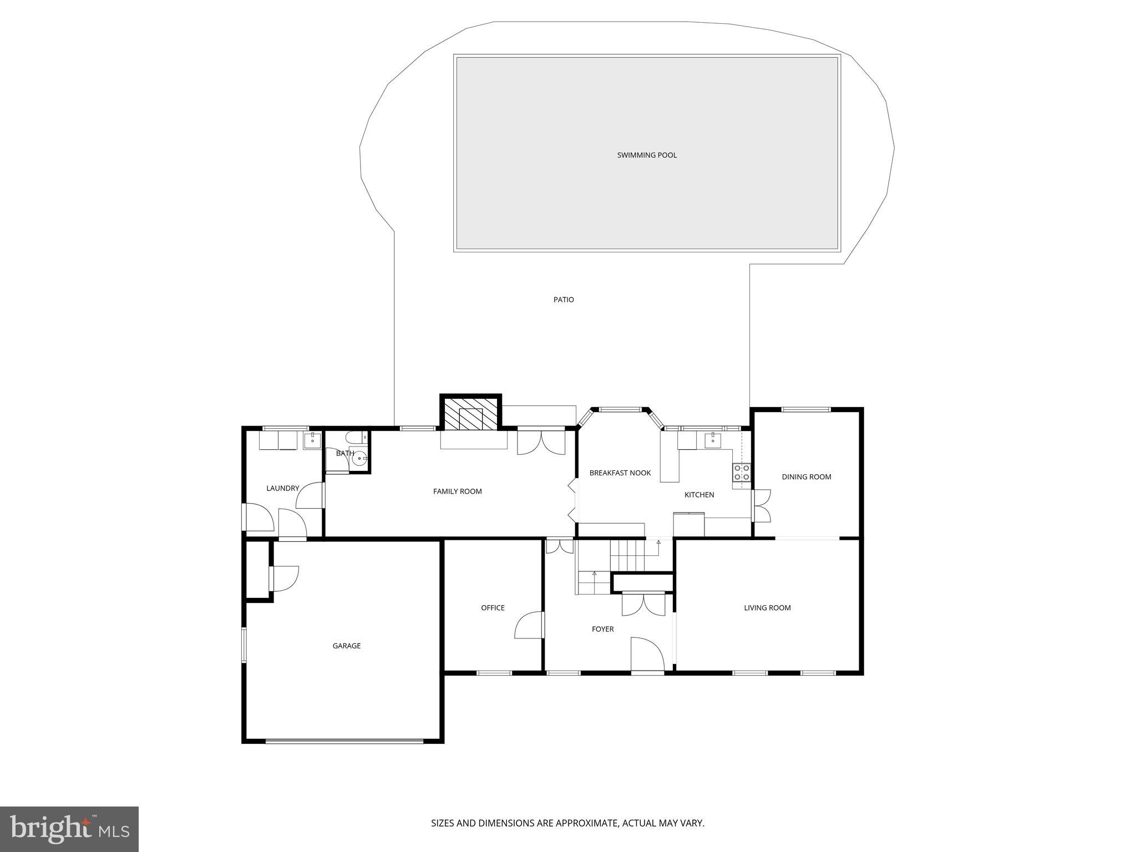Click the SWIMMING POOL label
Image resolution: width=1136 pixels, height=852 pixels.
tap(647, 155)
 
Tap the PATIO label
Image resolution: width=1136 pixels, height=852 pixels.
tap(564, 300)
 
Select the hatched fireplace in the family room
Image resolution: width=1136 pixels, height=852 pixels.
tap(471, 414)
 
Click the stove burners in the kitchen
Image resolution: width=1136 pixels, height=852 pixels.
tap(742, 472)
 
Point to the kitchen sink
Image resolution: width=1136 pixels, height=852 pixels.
tap(713, 440)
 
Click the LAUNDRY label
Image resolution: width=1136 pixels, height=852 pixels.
tap(282, 488)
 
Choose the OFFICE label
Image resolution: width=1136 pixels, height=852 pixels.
tap(493, 607)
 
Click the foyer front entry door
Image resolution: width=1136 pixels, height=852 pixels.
tap(647, 655)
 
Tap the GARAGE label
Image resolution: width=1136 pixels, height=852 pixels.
tap(347, 646)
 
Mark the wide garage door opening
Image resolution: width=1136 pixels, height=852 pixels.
tap(344, 741)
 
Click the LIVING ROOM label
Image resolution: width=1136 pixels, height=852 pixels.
tap(767, 607)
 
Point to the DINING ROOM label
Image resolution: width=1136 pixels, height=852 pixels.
tap(806, 476)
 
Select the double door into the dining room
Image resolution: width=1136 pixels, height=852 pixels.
tap(761, 505)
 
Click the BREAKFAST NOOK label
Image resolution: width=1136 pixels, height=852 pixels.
tap(620, 473)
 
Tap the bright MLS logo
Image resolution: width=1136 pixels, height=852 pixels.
tap(69, 829)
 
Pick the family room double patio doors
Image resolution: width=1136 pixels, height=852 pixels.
tap(541, 443)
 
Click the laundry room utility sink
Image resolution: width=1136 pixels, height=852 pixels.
tap(312, 440)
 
